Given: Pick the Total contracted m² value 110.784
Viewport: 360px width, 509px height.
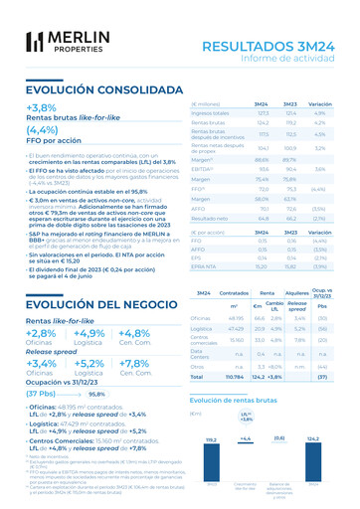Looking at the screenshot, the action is pos(235,378).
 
